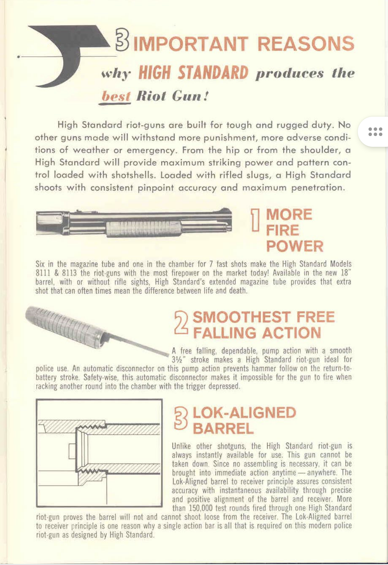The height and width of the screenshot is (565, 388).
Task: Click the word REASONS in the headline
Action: pyautogui.click(x=306, y=43)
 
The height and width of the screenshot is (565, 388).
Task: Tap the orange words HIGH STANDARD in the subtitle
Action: pyautogui.click(x=193, y=73)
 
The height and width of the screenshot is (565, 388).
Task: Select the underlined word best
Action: pyautogui.click(x=115, y=96)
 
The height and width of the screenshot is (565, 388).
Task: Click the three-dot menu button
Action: pyautogui.click(x=375, y=132)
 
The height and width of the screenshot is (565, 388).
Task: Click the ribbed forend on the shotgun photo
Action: pyautogui.click(x=144, y=229)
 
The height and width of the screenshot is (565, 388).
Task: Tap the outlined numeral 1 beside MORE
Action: pyautogui.click(x=255, y=220)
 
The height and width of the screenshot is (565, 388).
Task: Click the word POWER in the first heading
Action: pyautogui.click(x=295, y=246)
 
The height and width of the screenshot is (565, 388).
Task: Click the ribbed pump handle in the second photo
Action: pyautogui.click(x=65, y=327)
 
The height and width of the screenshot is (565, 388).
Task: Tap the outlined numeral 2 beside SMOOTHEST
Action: pyautogui.click(x=181, y=323)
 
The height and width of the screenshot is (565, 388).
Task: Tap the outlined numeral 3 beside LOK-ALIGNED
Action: pyautogui.click(x=181, y=418)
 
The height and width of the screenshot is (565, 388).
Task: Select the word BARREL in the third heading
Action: pyautogui.click(x=223, y=429)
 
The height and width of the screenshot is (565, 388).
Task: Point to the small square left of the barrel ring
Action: pyautogui.click(x=73, y=451)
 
